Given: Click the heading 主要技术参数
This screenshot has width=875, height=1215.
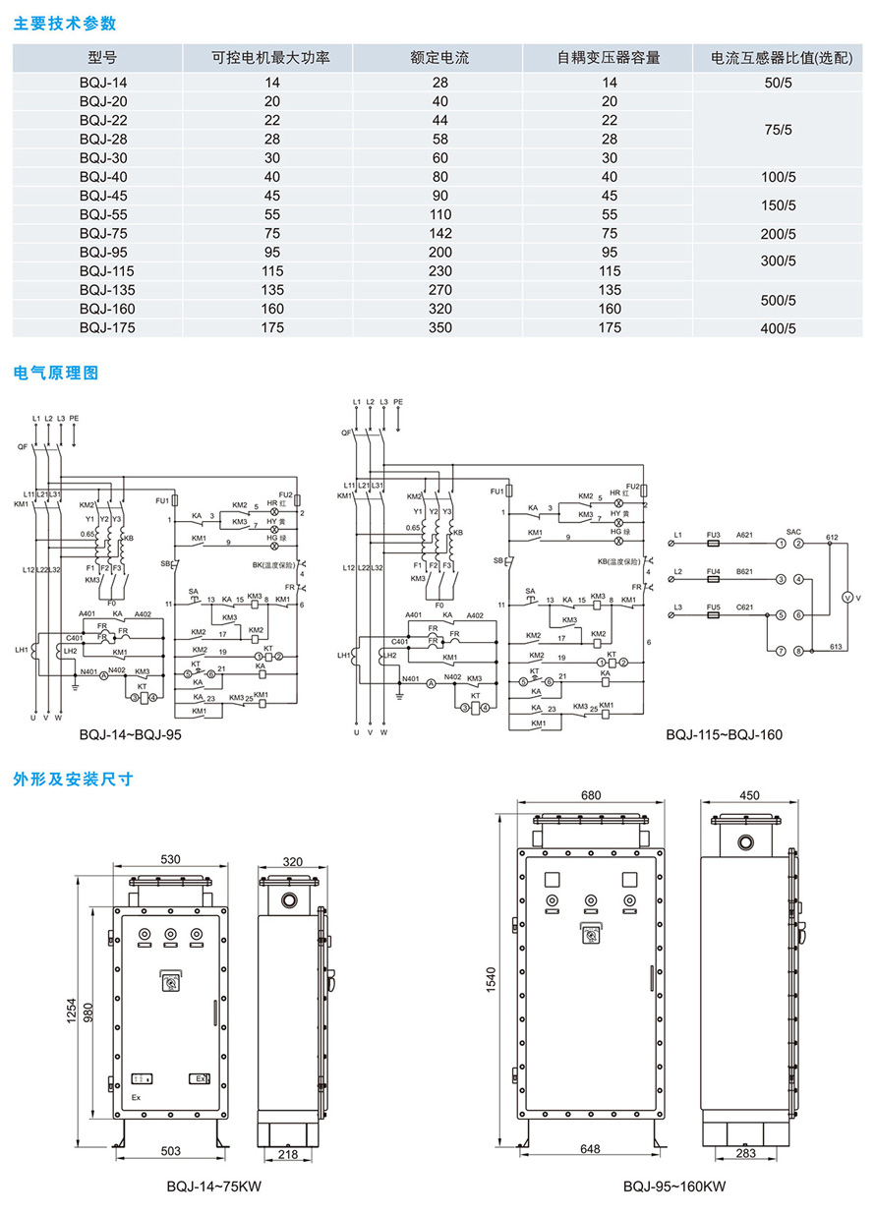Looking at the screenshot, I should pos(64,22).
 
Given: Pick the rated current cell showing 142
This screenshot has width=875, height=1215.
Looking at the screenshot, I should pos(439,234).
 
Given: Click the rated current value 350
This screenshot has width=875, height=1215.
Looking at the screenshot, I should pos(439,328).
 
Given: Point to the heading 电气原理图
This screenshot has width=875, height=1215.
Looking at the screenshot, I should pos(57,374).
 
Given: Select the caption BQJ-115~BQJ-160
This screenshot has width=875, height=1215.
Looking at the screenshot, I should pos(724,734).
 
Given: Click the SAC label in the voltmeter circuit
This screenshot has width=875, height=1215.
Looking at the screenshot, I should pos(793,530).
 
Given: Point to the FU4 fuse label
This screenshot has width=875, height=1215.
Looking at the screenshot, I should pos(714,571).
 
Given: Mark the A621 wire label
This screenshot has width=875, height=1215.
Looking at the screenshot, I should pos(744,535).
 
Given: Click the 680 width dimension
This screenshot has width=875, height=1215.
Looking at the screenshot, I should pos(591,795).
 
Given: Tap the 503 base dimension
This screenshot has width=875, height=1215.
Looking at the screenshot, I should pos(170,1151).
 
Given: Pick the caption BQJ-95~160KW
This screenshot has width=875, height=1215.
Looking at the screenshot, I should pos(673,1186).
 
